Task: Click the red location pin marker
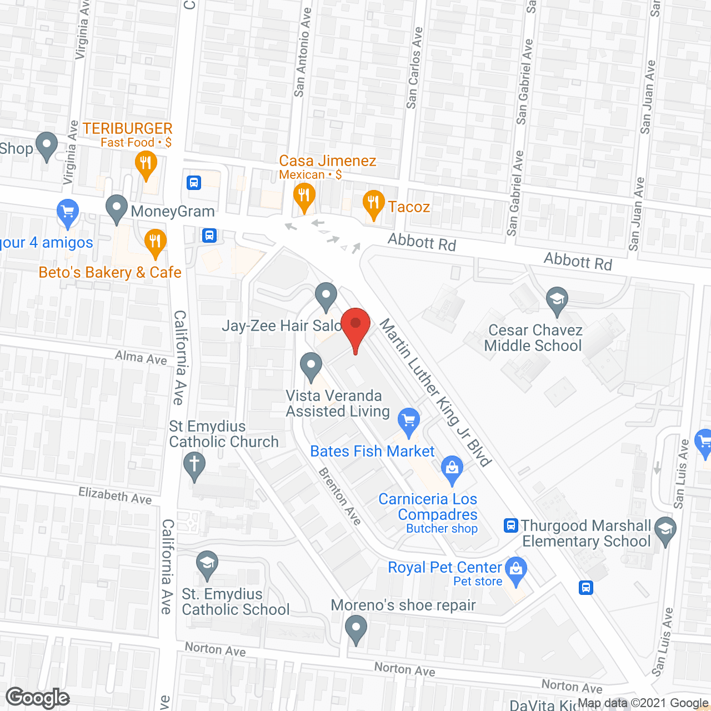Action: click(x=355, y=325)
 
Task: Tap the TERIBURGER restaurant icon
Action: click(x=146, y=164)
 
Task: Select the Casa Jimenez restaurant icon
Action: click(x=304, y=196)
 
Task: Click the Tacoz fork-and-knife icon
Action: click(x=373, y=203)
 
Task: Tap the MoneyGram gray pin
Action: click(x=117, y=209)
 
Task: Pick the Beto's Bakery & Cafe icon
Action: click(x=156, y=242)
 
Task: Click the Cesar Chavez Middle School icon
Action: click(x=557, y=301)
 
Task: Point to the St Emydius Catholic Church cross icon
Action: click(x=194, y=464)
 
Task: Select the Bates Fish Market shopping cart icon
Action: click(x=409, y=421)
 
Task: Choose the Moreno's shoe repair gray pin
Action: click(x=356, y=630)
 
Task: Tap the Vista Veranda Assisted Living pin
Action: click(x=311, y=367)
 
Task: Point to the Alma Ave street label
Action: click(x=141, y=358)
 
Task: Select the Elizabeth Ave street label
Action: click(x=115, y=495)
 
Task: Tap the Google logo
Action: click(x=38, y=698)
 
